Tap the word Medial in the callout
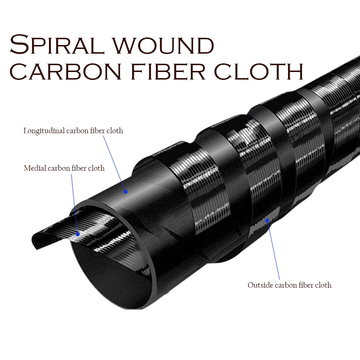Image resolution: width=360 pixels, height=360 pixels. click(35, 168)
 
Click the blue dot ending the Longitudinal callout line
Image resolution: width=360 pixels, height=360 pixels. click(125, 192)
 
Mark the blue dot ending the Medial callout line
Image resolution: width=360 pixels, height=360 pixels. click(77, 234)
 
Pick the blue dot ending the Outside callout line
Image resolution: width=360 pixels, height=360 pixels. click(267, 220)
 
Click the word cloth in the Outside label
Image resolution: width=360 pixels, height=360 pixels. click(322, 285)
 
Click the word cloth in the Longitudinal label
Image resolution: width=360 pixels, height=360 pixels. click(114, 131)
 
